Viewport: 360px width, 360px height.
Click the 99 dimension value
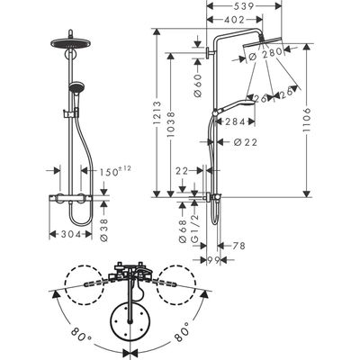[214, 260]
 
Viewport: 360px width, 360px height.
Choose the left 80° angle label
[83, 338]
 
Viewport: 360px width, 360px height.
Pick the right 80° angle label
[180, 338]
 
